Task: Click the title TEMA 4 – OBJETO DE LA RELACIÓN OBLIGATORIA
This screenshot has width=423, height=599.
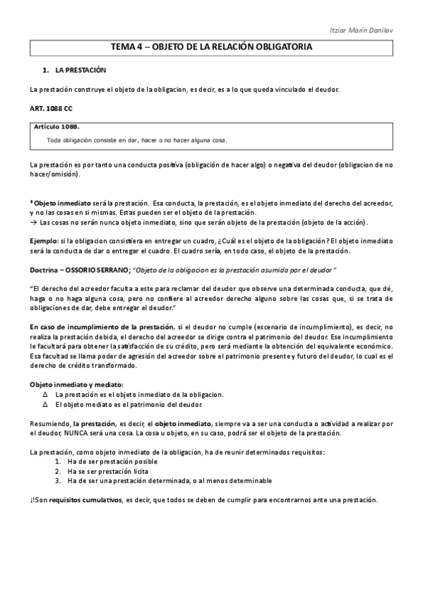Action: click(211, 47)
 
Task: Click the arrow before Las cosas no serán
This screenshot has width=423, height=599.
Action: click(33, 222)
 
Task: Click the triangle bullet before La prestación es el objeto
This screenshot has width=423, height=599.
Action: click(46, 393)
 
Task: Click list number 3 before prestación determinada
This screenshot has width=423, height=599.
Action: click(57, 480)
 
